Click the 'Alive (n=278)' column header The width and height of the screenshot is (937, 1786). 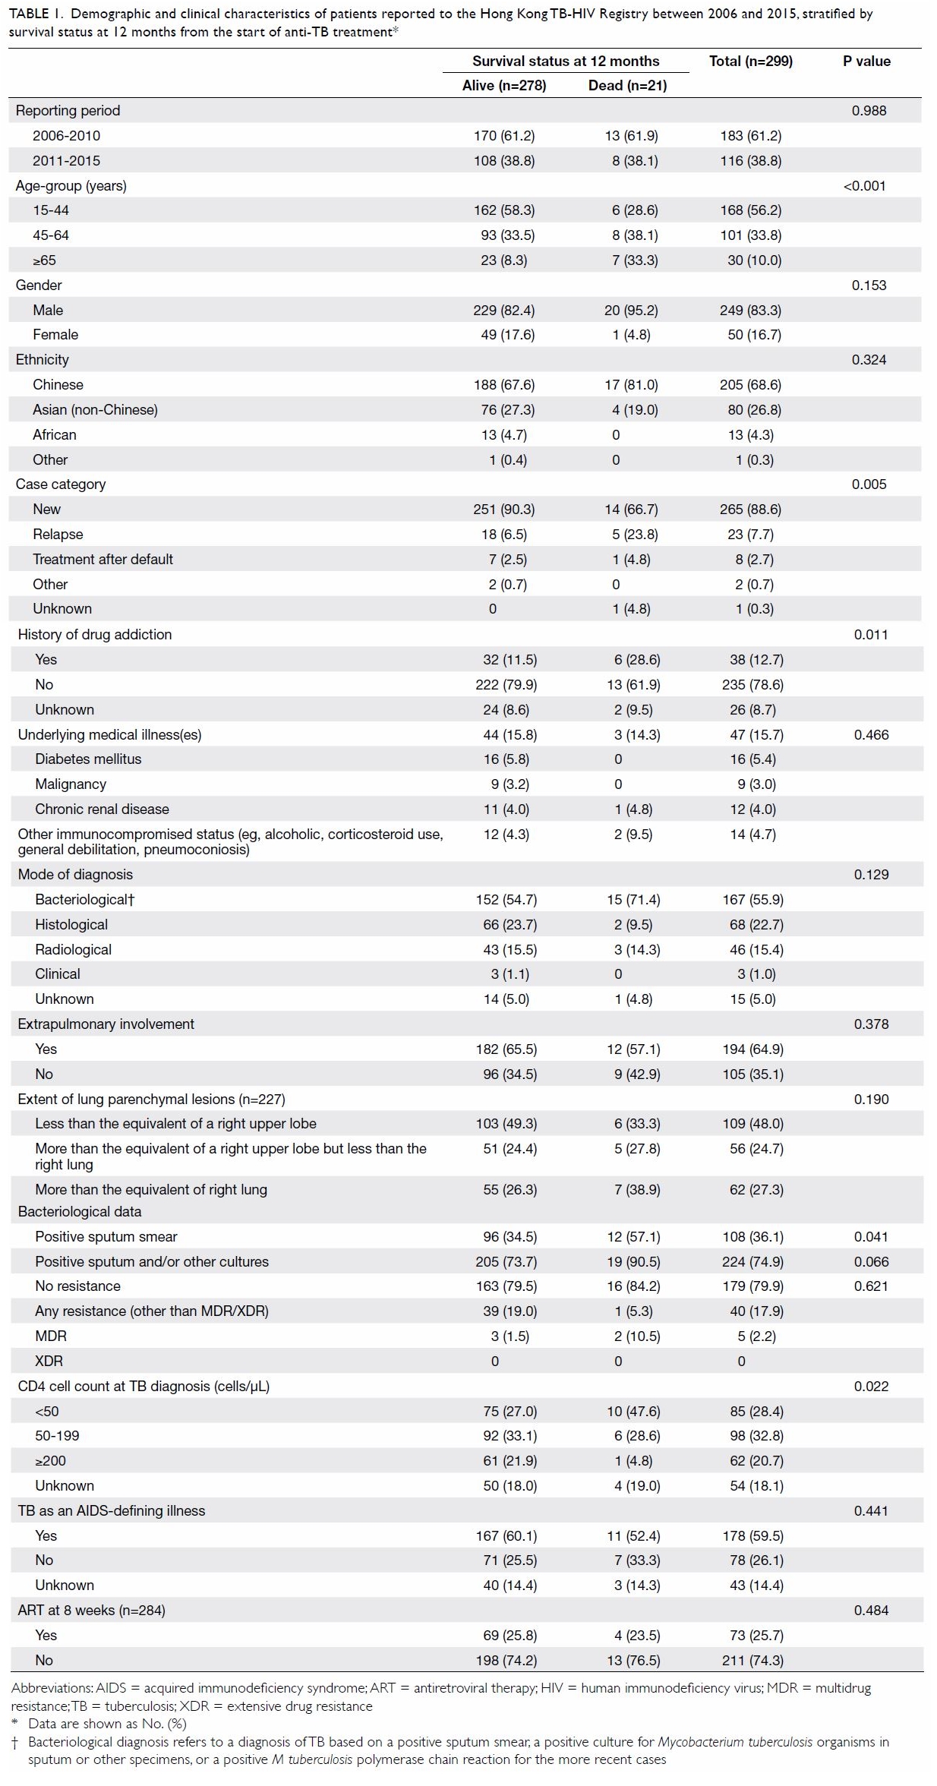pyautogui.click(x=504, y=86)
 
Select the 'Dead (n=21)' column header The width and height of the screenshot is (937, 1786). pyautogui.click(x=627, y=86)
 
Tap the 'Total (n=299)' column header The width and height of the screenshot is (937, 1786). pyautogui.click(x=751, y=62)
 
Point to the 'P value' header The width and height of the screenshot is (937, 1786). pyautogui.click(x=866, y=62)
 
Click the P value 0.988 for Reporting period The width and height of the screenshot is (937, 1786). pyautogui.click(x=869, y=111)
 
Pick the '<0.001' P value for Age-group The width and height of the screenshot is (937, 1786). pyautogui.click(x=865, y=186)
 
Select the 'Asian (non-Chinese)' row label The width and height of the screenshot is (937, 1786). pyautogui.click(x=95, y=410)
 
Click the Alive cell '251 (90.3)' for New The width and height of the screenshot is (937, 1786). pyautogui.click(x=504, y=510)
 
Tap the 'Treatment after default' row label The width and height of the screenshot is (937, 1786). pyautogui.click(x=103, y=560)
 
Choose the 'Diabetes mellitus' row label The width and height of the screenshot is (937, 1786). pyautogui.click(x=88, y=759)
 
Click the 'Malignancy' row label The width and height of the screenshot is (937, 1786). pyautogui.click(x=71, y=784)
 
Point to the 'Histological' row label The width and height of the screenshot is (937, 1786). pyautogui.click(x=71, y=925)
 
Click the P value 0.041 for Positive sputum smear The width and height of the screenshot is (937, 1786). pyautogui.click(x=871, y=1237)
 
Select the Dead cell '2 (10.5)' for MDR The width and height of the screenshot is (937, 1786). pyautogui.click(x=637, y=1336)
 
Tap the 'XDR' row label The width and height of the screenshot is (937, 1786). pyautogui.click(x=49, y=1362)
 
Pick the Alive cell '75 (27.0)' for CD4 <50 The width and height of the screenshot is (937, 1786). pyautogui.click(x=510, y=1412)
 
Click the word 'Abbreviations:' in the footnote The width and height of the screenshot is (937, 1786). pyautogui.click(x=52, y=1689)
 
